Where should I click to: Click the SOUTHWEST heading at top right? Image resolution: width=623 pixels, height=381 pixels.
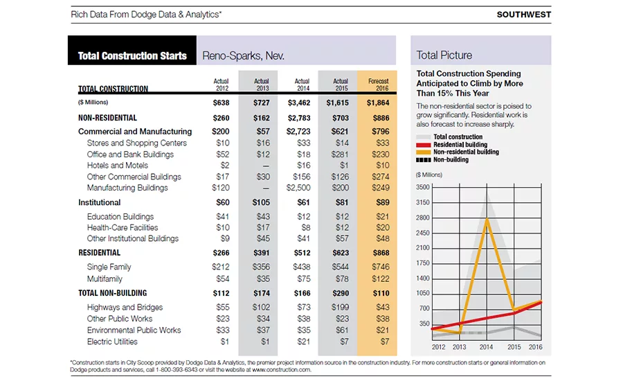tap(524, 15)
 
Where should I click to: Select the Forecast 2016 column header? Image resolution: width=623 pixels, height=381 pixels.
tap(379, 85)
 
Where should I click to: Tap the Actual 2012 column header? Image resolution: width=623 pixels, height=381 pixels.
tap(222, 85)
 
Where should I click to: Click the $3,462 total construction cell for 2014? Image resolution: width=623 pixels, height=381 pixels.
tap(299, 103)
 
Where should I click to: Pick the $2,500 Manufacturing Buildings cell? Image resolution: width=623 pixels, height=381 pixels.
tap(298, 188)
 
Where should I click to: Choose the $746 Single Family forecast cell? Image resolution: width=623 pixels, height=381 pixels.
tap(381, 267)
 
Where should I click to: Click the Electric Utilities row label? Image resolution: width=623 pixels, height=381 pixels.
tap(112, 342)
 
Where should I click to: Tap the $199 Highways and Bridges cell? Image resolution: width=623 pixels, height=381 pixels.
tap(340, 308)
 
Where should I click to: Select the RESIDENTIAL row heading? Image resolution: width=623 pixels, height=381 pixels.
tap(99, 253)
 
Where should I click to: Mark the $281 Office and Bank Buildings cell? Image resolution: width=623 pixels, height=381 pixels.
tap(340, 154)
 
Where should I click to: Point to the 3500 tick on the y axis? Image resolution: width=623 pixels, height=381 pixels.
tap(423, 187)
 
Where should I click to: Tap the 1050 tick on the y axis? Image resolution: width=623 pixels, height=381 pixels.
tap(423, 293)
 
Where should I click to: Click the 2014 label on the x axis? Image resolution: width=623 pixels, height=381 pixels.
tap(486, 347)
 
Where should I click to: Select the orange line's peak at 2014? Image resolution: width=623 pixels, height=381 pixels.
tap(487, 218)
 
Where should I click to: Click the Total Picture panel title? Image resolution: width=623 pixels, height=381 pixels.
tap(444, 55)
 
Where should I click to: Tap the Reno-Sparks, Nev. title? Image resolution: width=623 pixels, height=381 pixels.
tap(243, 55)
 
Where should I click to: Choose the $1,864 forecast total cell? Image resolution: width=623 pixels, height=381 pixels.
tap(378, 103)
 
